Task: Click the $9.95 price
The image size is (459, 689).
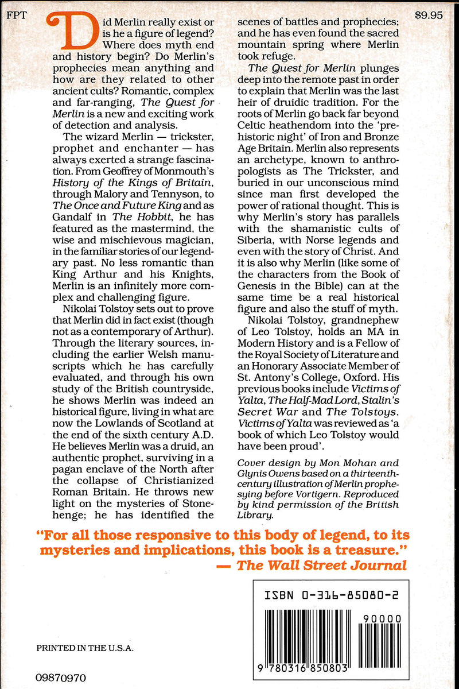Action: pos(431,16)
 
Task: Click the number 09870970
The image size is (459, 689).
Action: pos(61,678)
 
